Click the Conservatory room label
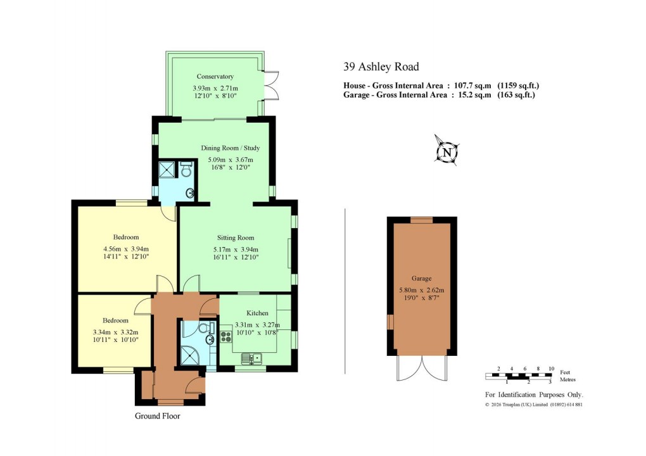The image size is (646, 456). tap(215, 77)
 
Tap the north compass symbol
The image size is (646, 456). tap(448, 152)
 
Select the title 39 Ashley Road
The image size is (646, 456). tap(381, 66)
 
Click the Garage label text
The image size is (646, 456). tap(421, 278)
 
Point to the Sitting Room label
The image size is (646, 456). tap(237, 238)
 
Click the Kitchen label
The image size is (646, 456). tap(257, 313)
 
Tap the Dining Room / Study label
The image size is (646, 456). tap(231, 148)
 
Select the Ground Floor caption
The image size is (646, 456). tap(157, 416)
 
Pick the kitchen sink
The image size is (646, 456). tap(251, 359)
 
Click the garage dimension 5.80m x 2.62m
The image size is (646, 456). tap(421, 291)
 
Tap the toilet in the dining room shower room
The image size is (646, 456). tap(186, 171)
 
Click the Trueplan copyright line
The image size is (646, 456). tap(533, 404)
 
